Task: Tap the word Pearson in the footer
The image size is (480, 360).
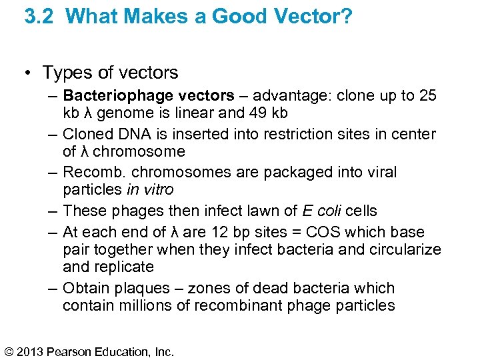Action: click(x=71, y=351)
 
